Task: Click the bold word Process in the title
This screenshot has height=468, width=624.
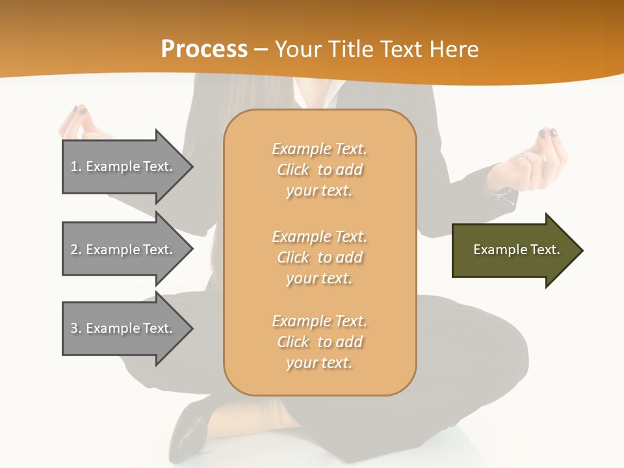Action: [204, 49]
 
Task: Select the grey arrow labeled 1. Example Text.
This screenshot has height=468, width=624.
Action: [123, 166]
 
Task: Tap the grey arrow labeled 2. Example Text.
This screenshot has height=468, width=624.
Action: [123, 250]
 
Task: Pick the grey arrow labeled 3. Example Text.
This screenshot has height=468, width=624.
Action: [123, 328]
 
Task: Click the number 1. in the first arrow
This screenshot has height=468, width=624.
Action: [75, 166]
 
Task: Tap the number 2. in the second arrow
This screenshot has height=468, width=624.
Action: [75, 250]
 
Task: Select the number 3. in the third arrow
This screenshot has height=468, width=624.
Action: [75, 328]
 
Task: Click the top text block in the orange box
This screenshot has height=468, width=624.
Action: [319, 170]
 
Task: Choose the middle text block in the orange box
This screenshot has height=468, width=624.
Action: [319, 257]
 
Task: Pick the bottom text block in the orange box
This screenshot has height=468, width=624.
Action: [319, 342]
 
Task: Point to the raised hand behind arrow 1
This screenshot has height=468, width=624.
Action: [81, 122]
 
